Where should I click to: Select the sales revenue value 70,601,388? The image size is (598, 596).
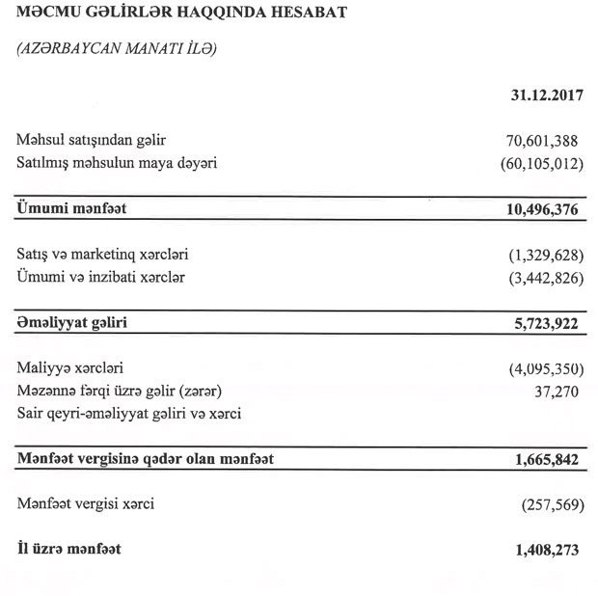537,142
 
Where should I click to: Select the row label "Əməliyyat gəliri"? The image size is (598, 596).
72,323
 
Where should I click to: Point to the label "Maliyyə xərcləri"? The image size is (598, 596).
70,369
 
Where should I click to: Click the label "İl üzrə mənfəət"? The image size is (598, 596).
69,550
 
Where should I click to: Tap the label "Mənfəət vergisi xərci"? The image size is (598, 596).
86,504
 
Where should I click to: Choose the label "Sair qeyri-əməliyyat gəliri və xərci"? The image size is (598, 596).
129,415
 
